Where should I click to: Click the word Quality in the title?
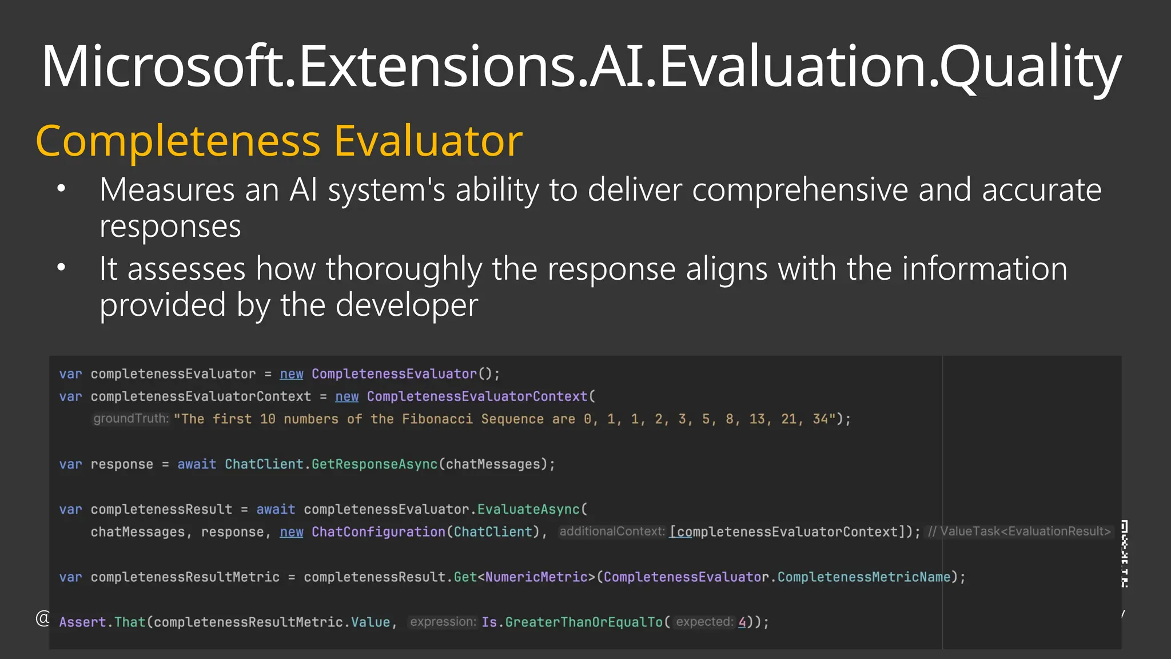pyautogui.click(x=1030, y=68)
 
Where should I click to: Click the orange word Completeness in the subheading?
pyautogui.click(x=178, y=141)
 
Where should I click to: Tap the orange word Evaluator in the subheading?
pyautogui.click(x=428, y=141)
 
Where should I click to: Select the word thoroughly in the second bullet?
pyautogui.click(x=404, y=269)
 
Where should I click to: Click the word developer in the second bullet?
pyautogui.click(x=407, y=305)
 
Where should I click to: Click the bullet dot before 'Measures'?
pyautogui.click(x=62, y=188)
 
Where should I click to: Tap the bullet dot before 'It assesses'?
pyautogui.click(x=62, y=267)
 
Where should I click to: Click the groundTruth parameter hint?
pyautogui.click(x=131, y=419)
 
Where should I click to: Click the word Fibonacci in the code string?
pyautogui.click(x=437, y=419)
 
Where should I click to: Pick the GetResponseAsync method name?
pyautogui.click(x=375, y=465)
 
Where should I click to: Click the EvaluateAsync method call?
pyautogui.click(x=528, y=510)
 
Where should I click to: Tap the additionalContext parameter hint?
pyautogui.click(x=612, y=531)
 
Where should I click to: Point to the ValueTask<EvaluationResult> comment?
pyautogui.click(x=1019, y=531)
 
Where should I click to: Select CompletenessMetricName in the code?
pyautogui.click(x=863, y=577)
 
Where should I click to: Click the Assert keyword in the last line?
pyautogui.click(x=82, y=622)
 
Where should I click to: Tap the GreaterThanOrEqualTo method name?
pyautogui.click(x=584, y=622)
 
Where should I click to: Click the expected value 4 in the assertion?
pyautogui.click(x=742, y=622)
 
